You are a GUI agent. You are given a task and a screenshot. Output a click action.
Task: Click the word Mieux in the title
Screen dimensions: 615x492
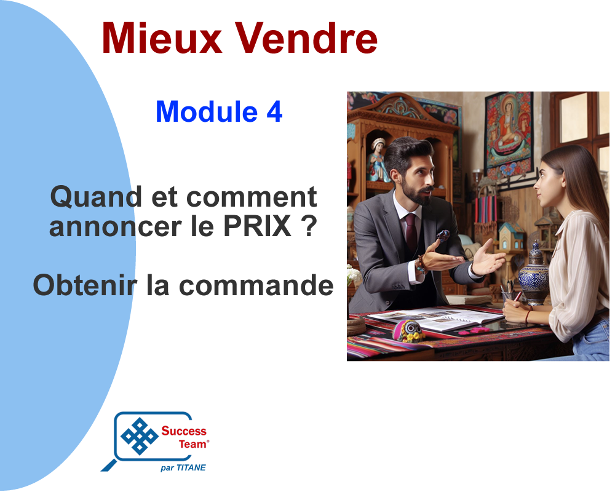point(162,38)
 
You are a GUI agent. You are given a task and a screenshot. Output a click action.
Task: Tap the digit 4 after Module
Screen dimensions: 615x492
point(274,112)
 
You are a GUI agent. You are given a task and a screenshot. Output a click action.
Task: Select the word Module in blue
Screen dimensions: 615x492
point(207,111)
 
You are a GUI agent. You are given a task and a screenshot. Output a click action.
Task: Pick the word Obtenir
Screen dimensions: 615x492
point(85,285)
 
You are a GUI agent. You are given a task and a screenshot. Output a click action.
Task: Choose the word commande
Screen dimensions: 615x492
point(256,285)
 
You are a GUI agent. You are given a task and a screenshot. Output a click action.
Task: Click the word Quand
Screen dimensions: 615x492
point(96,197)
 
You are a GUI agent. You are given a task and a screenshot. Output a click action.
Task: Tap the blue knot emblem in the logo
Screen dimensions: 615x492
point(139,436)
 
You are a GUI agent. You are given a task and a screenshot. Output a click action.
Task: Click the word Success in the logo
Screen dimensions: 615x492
point(184,430)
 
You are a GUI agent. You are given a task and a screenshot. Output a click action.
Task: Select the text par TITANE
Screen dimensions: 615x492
point(183,467)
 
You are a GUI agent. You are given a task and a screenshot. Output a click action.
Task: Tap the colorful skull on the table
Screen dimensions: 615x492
point(409,330)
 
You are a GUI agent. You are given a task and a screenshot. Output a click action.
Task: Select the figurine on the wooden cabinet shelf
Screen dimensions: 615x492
point(378,160)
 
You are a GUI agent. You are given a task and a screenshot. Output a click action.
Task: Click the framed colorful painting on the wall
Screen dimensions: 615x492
point(509,133)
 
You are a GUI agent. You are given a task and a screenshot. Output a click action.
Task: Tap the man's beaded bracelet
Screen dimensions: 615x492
point(421,264)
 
